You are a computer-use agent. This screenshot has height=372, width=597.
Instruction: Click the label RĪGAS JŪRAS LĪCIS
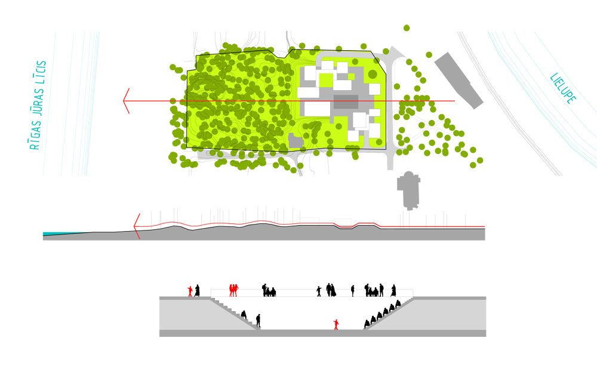38,105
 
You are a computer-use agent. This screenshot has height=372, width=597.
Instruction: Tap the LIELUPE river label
563,88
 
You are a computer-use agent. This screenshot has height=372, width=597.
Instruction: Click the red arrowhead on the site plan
127,101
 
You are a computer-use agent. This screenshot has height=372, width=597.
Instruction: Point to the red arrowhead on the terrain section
137,226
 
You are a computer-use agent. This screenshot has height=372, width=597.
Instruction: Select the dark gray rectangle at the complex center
346,102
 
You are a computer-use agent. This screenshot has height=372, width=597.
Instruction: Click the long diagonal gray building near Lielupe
458,81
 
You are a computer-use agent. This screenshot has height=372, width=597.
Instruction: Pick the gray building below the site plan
408,190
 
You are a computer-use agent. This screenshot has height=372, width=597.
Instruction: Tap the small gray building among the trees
296,141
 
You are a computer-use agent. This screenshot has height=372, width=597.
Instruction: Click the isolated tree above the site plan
407,28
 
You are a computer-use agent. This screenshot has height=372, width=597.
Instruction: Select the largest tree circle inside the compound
373,74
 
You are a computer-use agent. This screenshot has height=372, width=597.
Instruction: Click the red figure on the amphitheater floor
336,324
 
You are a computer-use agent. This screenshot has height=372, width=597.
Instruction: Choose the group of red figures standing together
233,290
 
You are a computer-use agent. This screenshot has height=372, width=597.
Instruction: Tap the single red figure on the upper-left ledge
190,291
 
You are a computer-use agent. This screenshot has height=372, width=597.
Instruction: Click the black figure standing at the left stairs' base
258,321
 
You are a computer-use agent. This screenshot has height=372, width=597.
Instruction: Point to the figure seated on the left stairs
244,315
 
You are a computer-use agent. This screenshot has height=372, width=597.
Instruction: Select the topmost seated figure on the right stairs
398,304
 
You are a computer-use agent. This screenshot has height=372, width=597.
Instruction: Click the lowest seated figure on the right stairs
367,324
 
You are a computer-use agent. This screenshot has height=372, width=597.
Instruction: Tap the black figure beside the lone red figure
197,291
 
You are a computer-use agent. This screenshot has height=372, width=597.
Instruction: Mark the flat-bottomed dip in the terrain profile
346,227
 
